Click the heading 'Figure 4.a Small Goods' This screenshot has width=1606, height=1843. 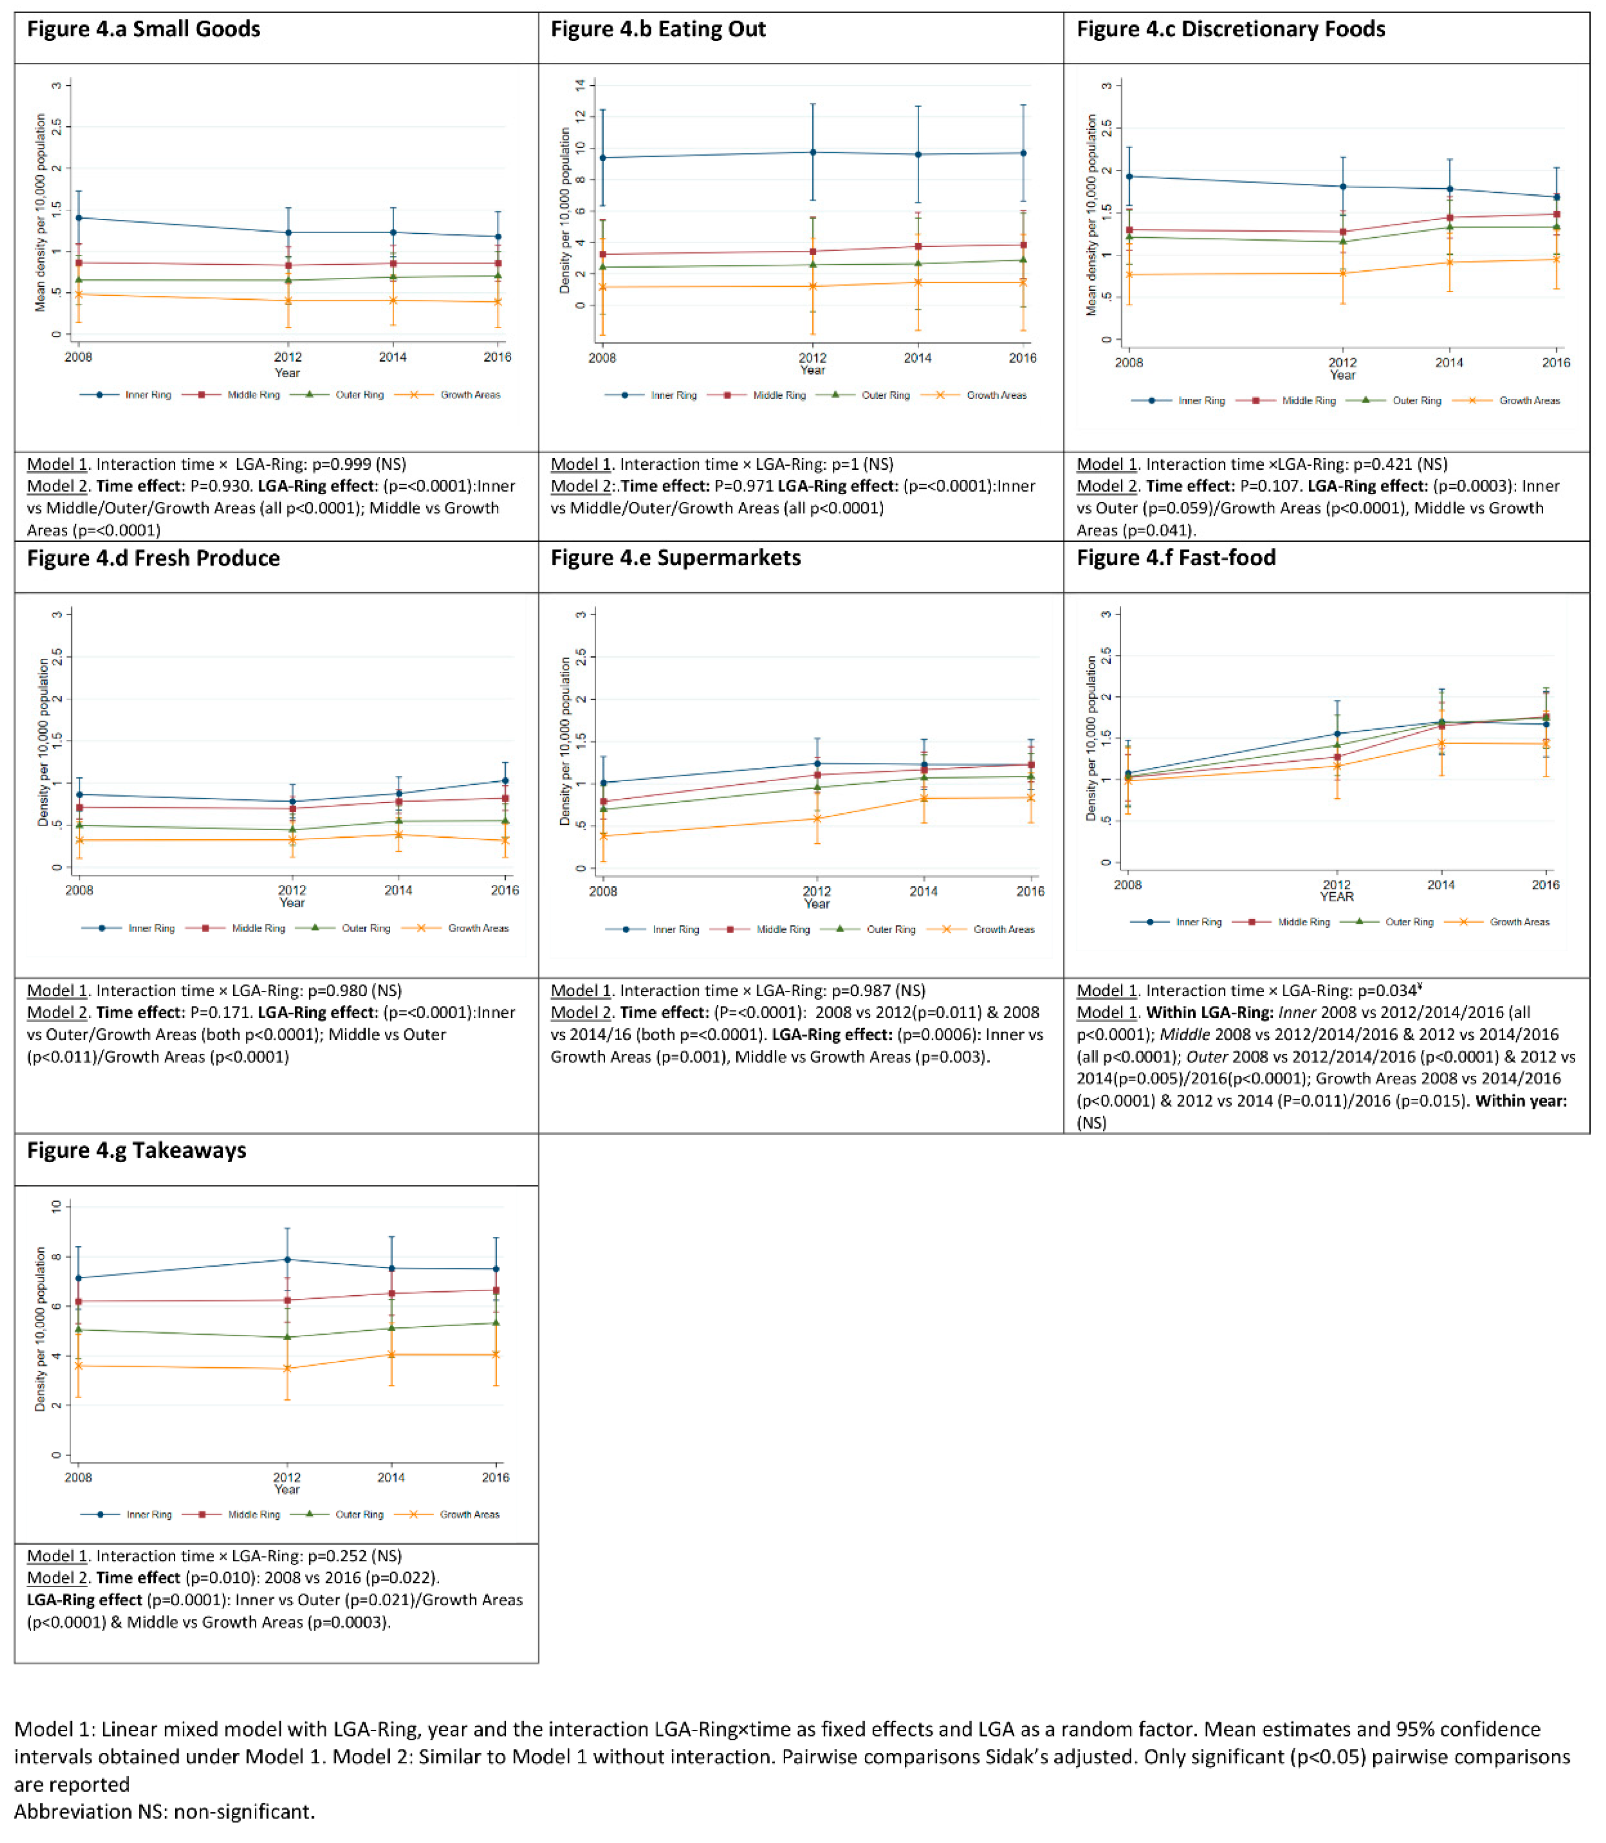tap(144, 30)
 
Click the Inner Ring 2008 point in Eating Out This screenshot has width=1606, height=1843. tap(602, 158)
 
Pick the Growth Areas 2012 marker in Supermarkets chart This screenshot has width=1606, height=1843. tap(816, 818)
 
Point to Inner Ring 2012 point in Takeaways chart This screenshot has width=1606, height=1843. tap(287, 1259)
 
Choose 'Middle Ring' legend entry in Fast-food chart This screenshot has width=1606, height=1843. tap(1303, 922)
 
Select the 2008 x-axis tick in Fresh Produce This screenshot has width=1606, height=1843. tap(79, 890)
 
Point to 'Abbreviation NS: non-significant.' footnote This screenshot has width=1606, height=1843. tap(164, 1811)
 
